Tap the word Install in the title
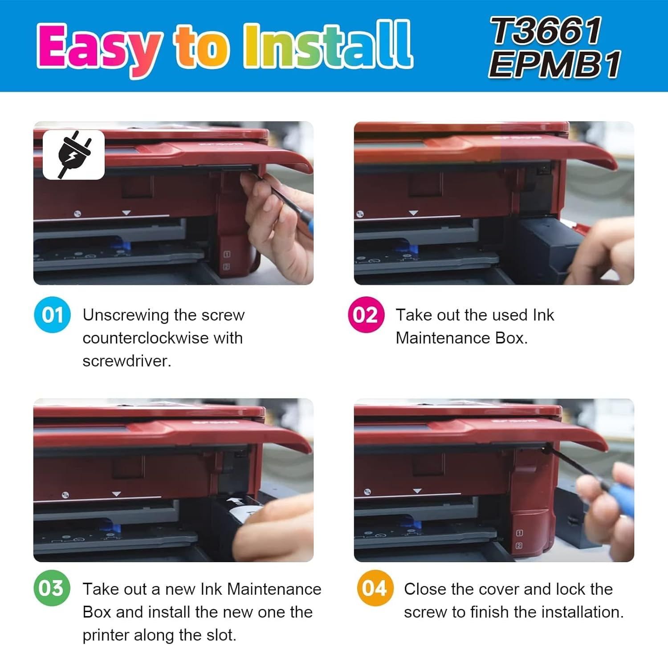pyautogui.click(x=328, y=45)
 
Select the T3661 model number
pyautogui.click(x=546, y=31)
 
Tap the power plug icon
pyautogui.click(x=74, y=154)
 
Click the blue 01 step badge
pyautogui.click(x=53, y=315)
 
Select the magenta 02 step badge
pyautogui.click(x=366, y=315)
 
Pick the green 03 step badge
pyautogui.click(x=52, y=588)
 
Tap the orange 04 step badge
pyautogui.click(x=375, y=588)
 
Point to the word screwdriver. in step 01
pyautogui.click(x=127, y=361)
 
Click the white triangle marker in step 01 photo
pyautogui.click(x=126, y=213)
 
